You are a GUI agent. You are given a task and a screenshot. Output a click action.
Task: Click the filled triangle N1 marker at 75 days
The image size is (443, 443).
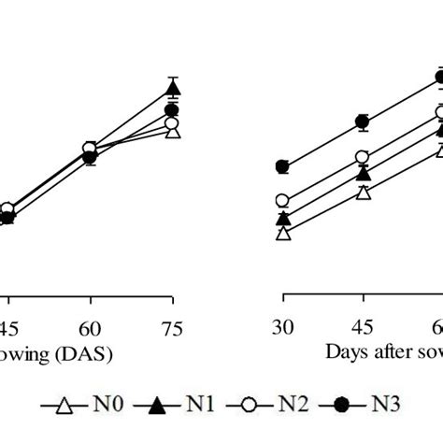point(173,90)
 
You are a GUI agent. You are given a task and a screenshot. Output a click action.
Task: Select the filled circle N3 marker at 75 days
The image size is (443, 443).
point(172,110)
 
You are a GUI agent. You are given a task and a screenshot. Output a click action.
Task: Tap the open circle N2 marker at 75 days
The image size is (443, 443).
point(172,123)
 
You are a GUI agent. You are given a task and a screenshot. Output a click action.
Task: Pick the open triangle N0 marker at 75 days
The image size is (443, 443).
point(172,132)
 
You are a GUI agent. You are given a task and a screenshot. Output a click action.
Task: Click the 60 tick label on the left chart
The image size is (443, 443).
point(91,328)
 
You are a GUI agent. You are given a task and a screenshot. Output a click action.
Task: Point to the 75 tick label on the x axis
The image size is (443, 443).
point(172,328)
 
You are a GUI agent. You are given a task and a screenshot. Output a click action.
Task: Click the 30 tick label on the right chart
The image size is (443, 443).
point(283,328)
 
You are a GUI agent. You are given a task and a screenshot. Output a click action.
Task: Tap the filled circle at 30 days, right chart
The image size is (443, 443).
point(283,167)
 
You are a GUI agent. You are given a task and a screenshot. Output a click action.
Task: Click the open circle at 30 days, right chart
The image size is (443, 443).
point(283,200)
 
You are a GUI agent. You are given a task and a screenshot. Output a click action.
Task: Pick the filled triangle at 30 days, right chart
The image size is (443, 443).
point(283,219)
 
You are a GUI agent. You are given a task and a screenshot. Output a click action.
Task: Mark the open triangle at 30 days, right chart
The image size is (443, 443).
point(283,234)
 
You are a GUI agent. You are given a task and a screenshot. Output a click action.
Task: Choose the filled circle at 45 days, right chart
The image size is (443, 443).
point(363,121)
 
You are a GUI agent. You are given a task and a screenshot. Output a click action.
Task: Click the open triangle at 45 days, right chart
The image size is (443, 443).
point(363,193)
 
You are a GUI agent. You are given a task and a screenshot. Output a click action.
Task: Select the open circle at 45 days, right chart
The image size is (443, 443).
point(363,157)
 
